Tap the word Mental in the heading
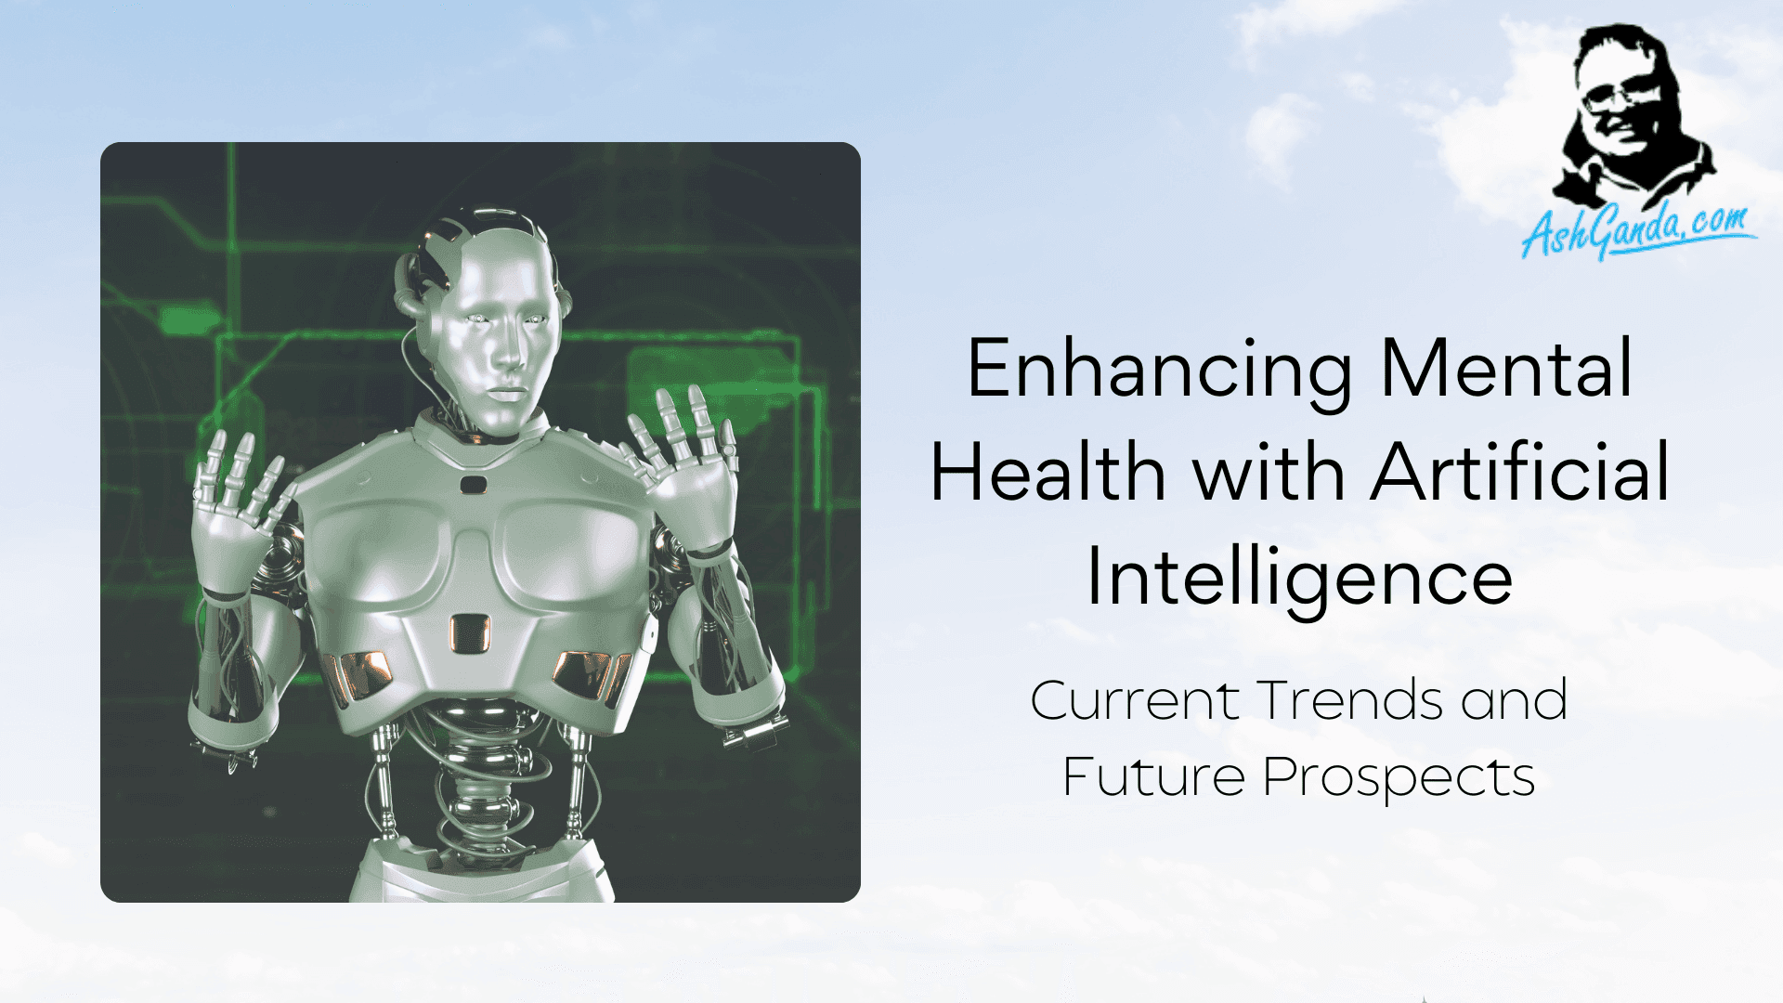1505,368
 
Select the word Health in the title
1048,472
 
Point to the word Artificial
1520,472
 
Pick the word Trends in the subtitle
1351,700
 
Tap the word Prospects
1399,778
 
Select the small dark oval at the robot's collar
474,484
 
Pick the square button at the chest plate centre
470,632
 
